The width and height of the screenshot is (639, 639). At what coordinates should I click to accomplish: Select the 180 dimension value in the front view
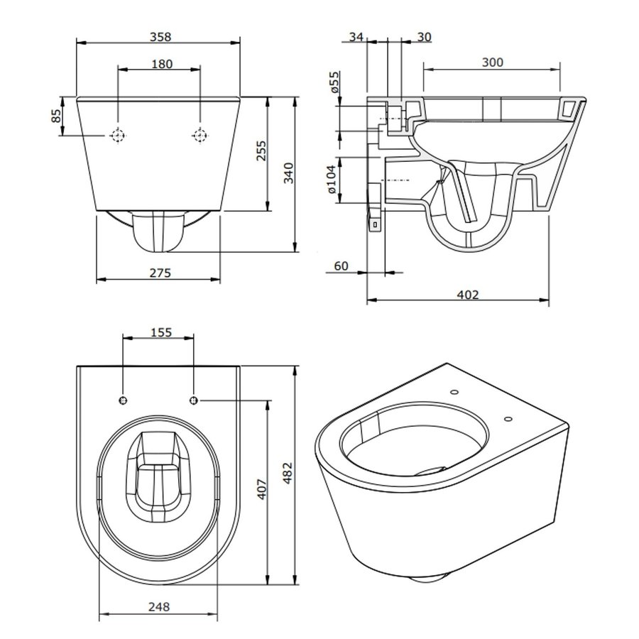point(161,64)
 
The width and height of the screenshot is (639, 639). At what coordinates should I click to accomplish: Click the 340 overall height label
point(288,173)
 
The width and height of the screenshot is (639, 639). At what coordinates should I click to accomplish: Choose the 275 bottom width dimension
point(160,272)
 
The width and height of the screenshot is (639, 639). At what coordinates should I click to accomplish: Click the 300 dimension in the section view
point(491,62)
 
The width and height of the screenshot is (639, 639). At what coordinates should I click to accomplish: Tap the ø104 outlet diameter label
point(332,179)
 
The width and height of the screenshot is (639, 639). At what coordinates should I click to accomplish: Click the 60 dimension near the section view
point(341,266)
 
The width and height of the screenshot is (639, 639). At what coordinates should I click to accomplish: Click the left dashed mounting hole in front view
point(118,135)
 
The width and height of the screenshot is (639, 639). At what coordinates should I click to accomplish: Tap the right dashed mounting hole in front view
point(201,135)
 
